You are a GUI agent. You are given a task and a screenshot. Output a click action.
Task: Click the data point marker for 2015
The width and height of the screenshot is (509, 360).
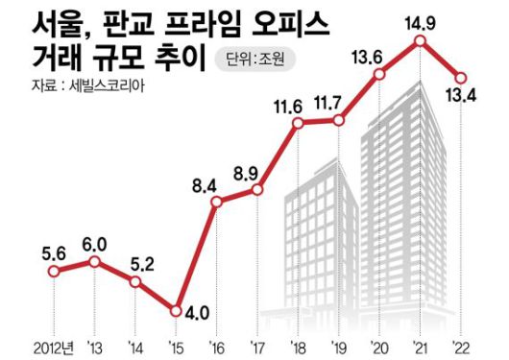(176, 309)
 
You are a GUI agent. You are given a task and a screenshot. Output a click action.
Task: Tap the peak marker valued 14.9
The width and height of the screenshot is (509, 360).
(421, 42)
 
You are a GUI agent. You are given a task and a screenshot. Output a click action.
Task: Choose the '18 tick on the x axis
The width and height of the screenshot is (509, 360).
(299, 345)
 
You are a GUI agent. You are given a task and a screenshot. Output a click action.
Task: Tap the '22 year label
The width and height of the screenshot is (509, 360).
(463, 345)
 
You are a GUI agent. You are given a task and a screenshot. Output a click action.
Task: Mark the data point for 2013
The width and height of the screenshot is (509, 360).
(94, 260)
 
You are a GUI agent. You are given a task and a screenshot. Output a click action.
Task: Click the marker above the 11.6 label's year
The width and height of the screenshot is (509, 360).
(299, 124)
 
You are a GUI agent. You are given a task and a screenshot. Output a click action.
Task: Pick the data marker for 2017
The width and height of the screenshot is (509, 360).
(257, 189)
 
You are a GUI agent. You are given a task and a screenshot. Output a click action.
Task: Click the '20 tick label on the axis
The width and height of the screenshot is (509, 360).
(380, 345)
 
